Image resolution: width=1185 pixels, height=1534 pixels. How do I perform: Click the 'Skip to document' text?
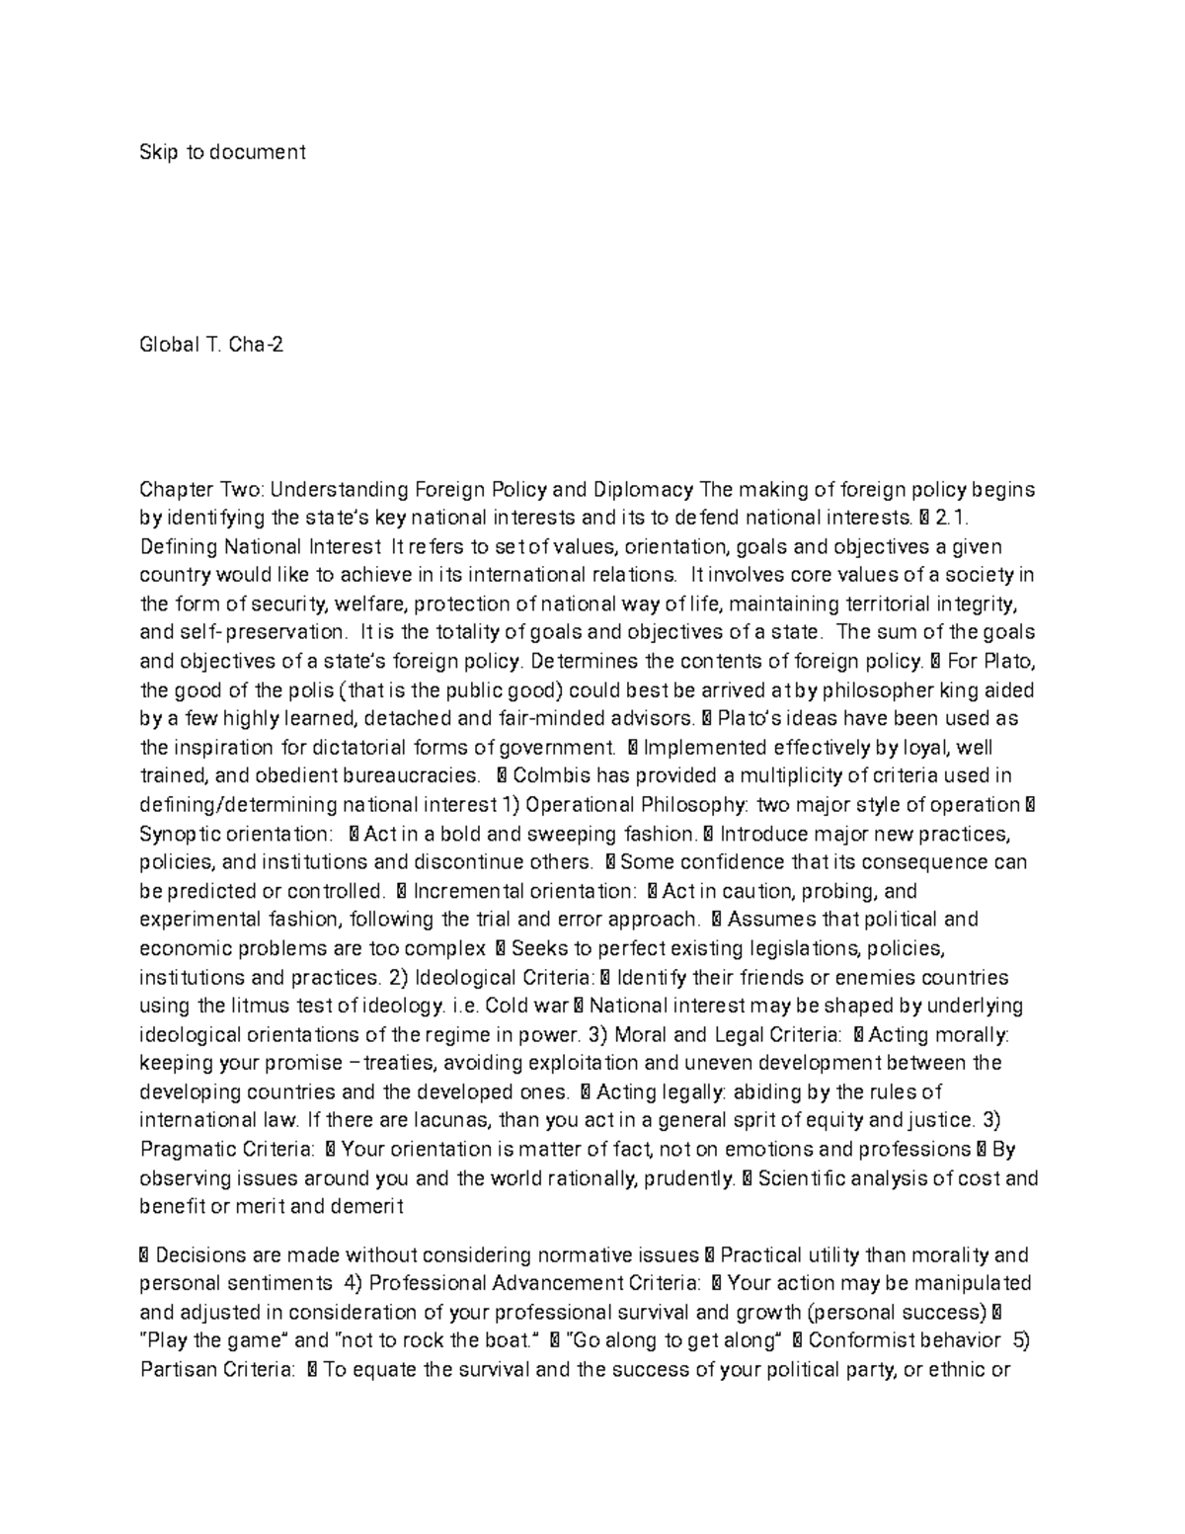[222, 152]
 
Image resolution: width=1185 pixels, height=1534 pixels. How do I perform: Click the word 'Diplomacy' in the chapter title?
[643, 489]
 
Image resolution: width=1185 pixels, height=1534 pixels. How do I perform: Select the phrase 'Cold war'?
[528, 1007]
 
